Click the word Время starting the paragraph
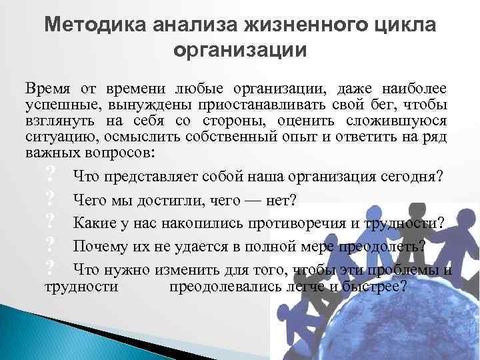pos(47,89)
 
